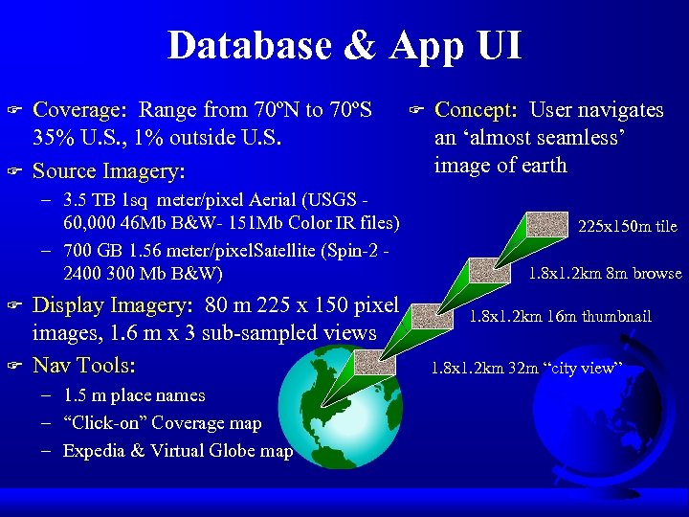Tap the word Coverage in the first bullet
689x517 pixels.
[76, 110]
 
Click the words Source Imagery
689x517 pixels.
[107, 171]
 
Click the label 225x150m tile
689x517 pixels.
[628, 227]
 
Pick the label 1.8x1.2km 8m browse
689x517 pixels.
[606, 273]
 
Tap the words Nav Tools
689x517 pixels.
[84, 366]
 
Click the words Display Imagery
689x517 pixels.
[107, 305]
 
